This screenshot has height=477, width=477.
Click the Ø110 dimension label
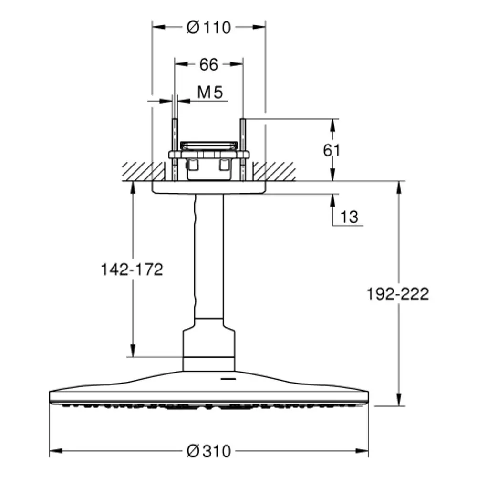coord(209,27)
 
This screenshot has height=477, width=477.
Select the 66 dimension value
coord(209,64)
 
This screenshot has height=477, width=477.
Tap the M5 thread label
coord(210,92)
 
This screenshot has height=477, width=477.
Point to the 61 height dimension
coord(332,150)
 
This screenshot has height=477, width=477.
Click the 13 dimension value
coord(349,217)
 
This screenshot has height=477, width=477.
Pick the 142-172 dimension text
coord(132,270)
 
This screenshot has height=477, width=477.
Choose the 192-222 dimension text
coord(398,294)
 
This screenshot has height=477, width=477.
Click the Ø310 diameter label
coord(209,451)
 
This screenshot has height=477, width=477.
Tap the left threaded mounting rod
coord(175,150)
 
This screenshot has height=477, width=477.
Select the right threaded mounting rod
coord(243,150)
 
